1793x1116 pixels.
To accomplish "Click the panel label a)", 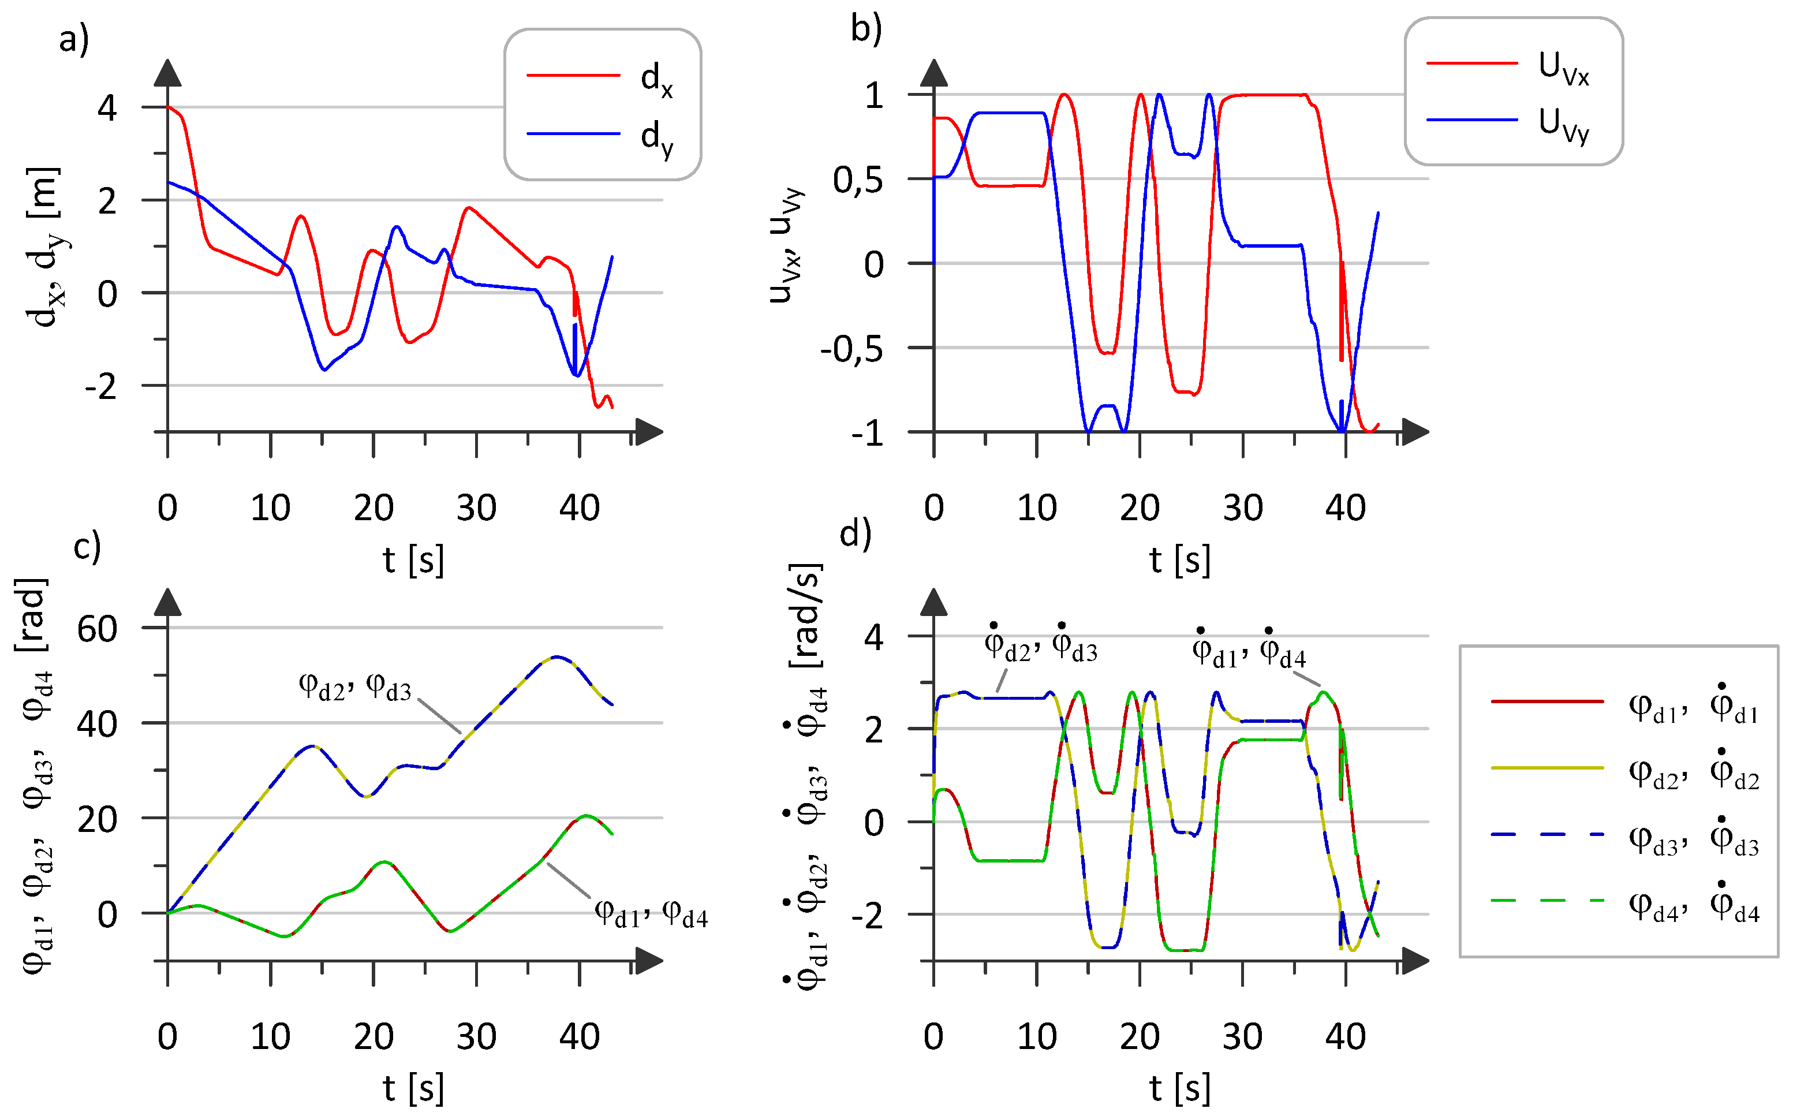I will (x=74, y=38).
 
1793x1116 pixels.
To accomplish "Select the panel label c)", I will (x=87, y=546).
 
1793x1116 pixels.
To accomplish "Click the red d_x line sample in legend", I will (x=573, y=75).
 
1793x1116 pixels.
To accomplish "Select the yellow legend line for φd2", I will (x=1547, y=768).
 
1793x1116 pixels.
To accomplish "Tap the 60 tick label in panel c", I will (x=96, y=630).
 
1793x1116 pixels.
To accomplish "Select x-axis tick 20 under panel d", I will (x=1140, y=1037).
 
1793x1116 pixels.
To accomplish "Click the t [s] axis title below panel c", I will (x=413, y=1088).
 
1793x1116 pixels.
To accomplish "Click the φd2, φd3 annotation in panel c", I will (x=354, y=686).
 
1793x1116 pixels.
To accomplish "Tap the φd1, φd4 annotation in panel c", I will (x=651, y=914).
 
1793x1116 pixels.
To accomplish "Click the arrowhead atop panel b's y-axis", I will (x=934, y=72).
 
